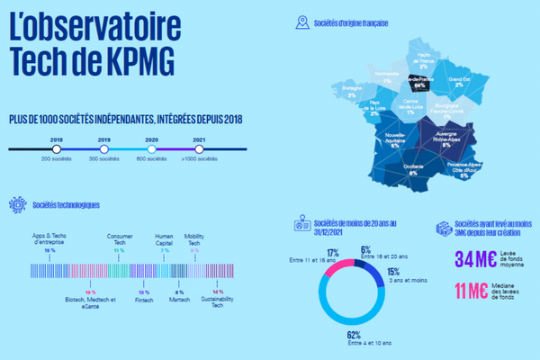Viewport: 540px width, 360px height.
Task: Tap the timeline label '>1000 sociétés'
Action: coord(200,159)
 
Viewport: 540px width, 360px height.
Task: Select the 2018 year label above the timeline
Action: coord(57,139)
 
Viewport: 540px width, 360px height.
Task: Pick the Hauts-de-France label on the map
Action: coord(423,59)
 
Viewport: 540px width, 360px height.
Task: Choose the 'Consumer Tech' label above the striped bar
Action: coord(119,238)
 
